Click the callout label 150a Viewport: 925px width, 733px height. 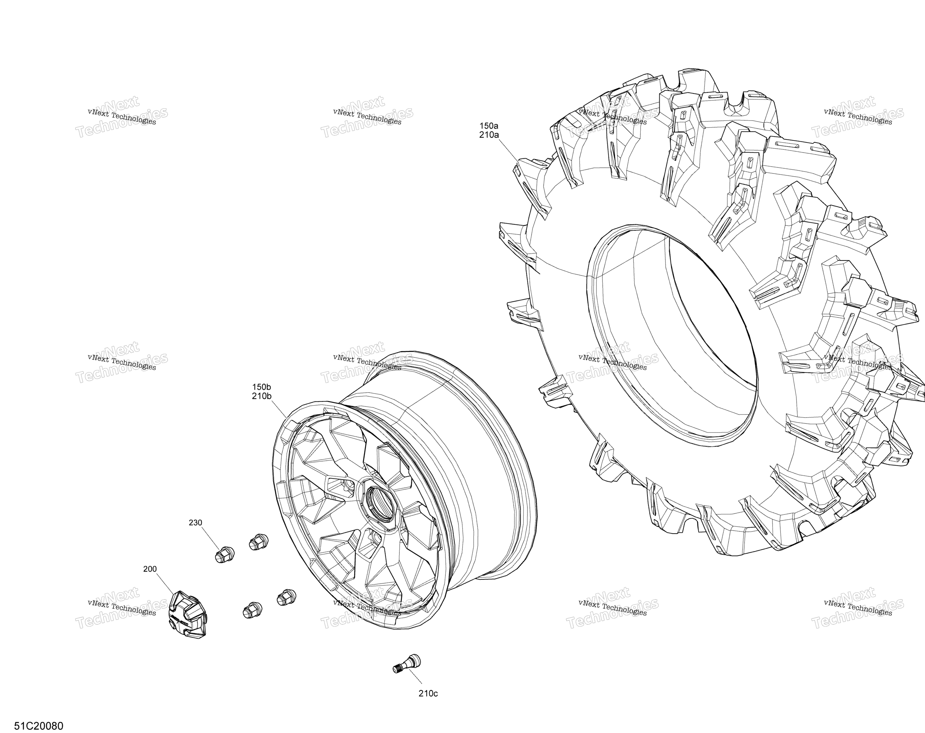(x=489, y=126)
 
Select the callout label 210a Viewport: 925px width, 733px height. (x=489, y=135)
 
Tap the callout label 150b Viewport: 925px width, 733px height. (x=262, y=387)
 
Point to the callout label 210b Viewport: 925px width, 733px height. (x=262, y=396)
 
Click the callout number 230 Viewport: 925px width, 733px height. (x=195, y=523)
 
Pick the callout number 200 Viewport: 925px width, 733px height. (x=150, y=569)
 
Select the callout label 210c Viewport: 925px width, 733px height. (x=428, y=694)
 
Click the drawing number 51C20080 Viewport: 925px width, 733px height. (x=39, y=726)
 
